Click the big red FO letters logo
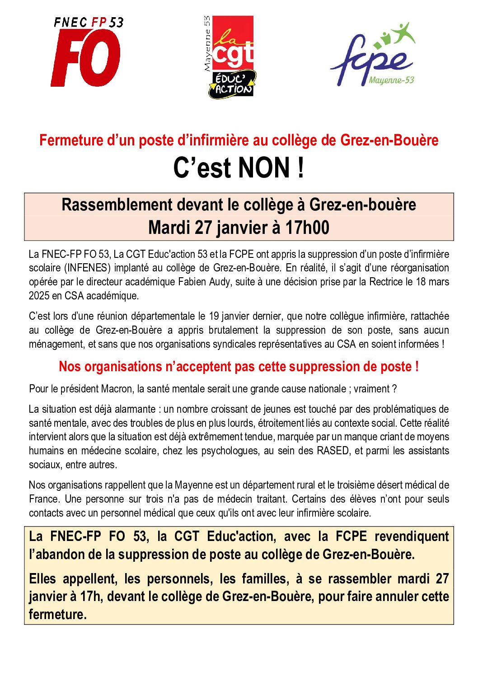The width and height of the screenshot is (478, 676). click(86, 58)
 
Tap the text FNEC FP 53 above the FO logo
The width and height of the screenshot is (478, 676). click(89, 22)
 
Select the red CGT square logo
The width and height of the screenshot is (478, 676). click(233, 43)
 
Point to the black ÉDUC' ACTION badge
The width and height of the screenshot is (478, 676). click(233, 84)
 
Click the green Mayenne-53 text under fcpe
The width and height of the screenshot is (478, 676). click(391, 80)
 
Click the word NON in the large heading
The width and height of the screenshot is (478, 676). click(264, 168)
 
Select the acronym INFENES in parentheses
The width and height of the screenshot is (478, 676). click(88, 268)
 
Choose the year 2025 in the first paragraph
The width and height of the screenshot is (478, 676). click(39, 296)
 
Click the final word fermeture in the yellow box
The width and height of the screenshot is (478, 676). click(57, 615)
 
